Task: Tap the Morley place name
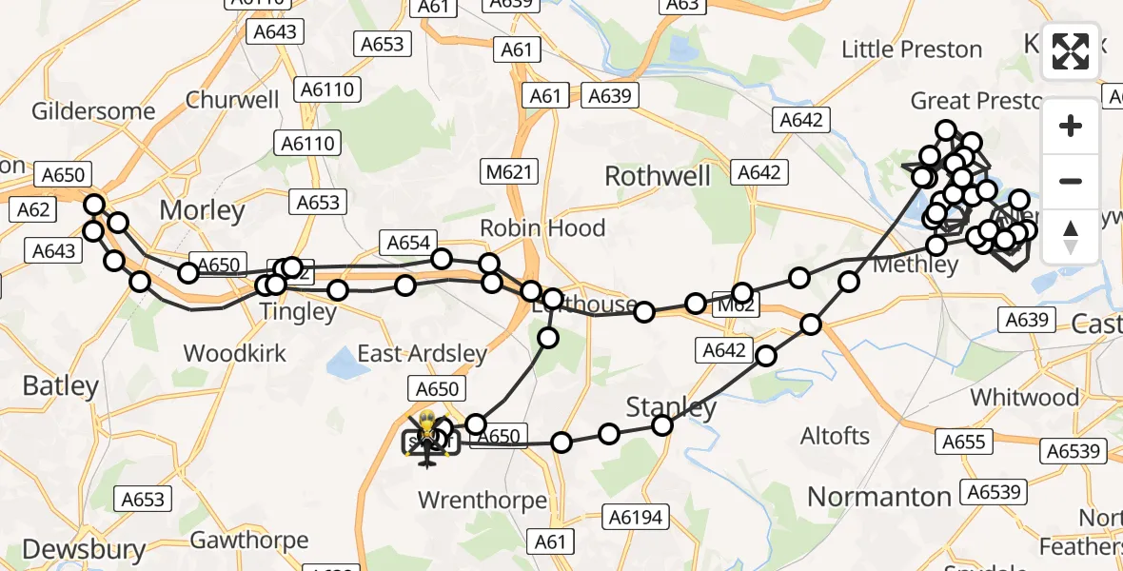point(202,209)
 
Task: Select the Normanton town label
point(878,496)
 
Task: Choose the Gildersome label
point(93,111)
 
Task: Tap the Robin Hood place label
point(542,228)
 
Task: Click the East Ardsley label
point(422,354)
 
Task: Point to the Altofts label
point(835,436)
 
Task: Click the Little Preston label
point(912,49)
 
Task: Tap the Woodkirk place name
point(233,353)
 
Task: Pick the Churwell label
point(232,100)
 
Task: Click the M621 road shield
point(505,172)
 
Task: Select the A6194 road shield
point(637,517)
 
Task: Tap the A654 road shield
point(408,243)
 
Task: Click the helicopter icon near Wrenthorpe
point(426,440)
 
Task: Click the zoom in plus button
point(1071,126)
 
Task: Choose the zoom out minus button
point(1071,181)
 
